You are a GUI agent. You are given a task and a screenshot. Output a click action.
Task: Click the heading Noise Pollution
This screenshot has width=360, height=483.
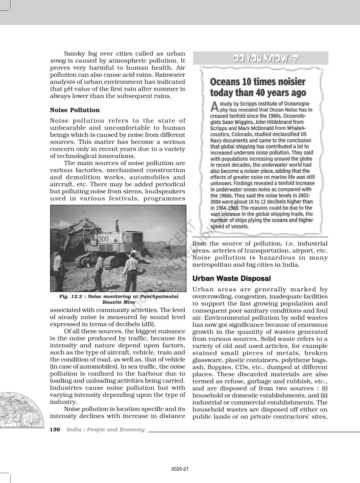(75, 110)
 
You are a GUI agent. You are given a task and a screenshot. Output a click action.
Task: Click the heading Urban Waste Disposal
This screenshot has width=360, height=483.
(232, 278)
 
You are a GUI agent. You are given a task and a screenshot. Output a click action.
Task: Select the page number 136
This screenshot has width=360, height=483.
(55, 430)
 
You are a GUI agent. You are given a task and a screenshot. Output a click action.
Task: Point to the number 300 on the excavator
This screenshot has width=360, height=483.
(103, 239)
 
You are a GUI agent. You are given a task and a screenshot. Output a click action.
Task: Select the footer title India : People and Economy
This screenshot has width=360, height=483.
(105, 430)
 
